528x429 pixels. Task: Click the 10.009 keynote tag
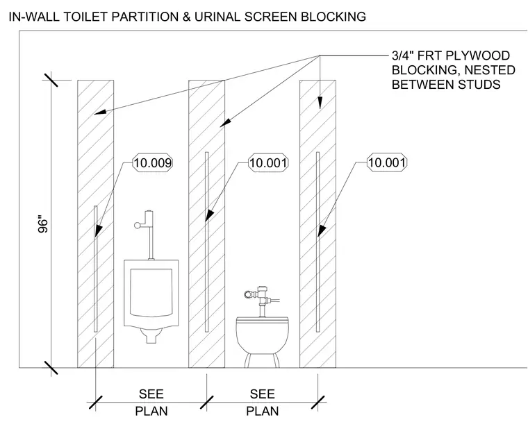point(153,163)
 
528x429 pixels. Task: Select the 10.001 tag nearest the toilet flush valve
point(268,163)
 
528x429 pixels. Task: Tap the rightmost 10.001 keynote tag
point(386,162)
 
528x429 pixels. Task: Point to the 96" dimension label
point(43,224)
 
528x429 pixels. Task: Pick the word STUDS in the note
point(479,84)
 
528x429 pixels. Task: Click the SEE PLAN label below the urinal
point(151,403)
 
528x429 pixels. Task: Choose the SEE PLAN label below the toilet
point(263,403)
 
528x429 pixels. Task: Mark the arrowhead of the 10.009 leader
point(99,230)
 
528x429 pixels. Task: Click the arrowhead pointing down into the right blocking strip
point(320,103)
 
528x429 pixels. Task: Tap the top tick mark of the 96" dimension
point(51,79)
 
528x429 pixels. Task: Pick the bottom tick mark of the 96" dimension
point(51,367)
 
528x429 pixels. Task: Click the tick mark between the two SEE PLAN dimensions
point(207,403)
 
